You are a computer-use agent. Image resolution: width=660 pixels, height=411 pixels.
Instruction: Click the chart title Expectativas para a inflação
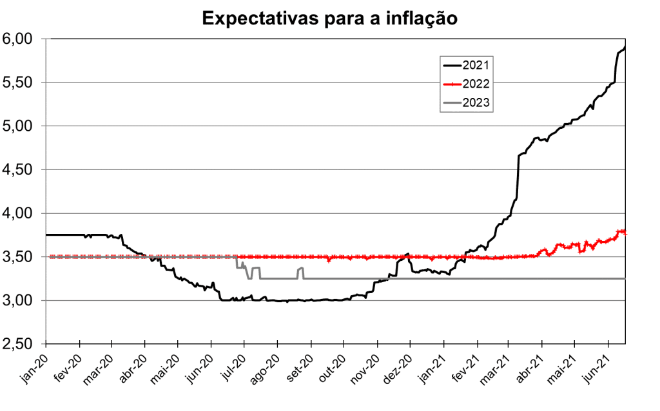(329, 18)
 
